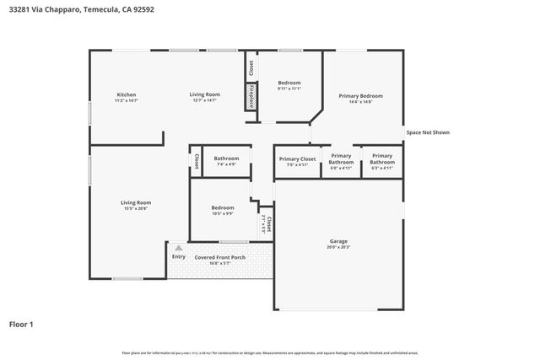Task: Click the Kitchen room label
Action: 127,94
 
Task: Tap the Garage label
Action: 338,241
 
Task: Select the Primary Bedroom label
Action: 360,96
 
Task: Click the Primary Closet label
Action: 297,159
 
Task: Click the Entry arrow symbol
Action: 178,249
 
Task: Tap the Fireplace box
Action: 251,96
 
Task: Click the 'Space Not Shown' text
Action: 428,132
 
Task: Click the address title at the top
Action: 82,9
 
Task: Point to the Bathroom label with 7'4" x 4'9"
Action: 226,159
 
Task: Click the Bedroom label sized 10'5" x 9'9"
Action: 223,207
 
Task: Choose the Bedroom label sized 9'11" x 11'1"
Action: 289,83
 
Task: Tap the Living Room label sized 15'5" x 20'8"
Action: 136,202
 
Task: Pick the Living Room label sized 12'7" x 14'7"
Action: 204,94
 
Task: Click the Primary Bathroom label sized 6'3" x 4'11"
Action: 382,158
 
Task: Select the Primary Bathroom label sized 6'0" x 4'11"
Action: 341,158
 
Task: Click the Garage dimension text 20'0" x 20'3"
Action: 338,248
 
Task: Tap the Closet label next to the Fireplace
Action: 251,66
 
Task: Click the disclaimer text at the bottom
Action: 270,352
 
